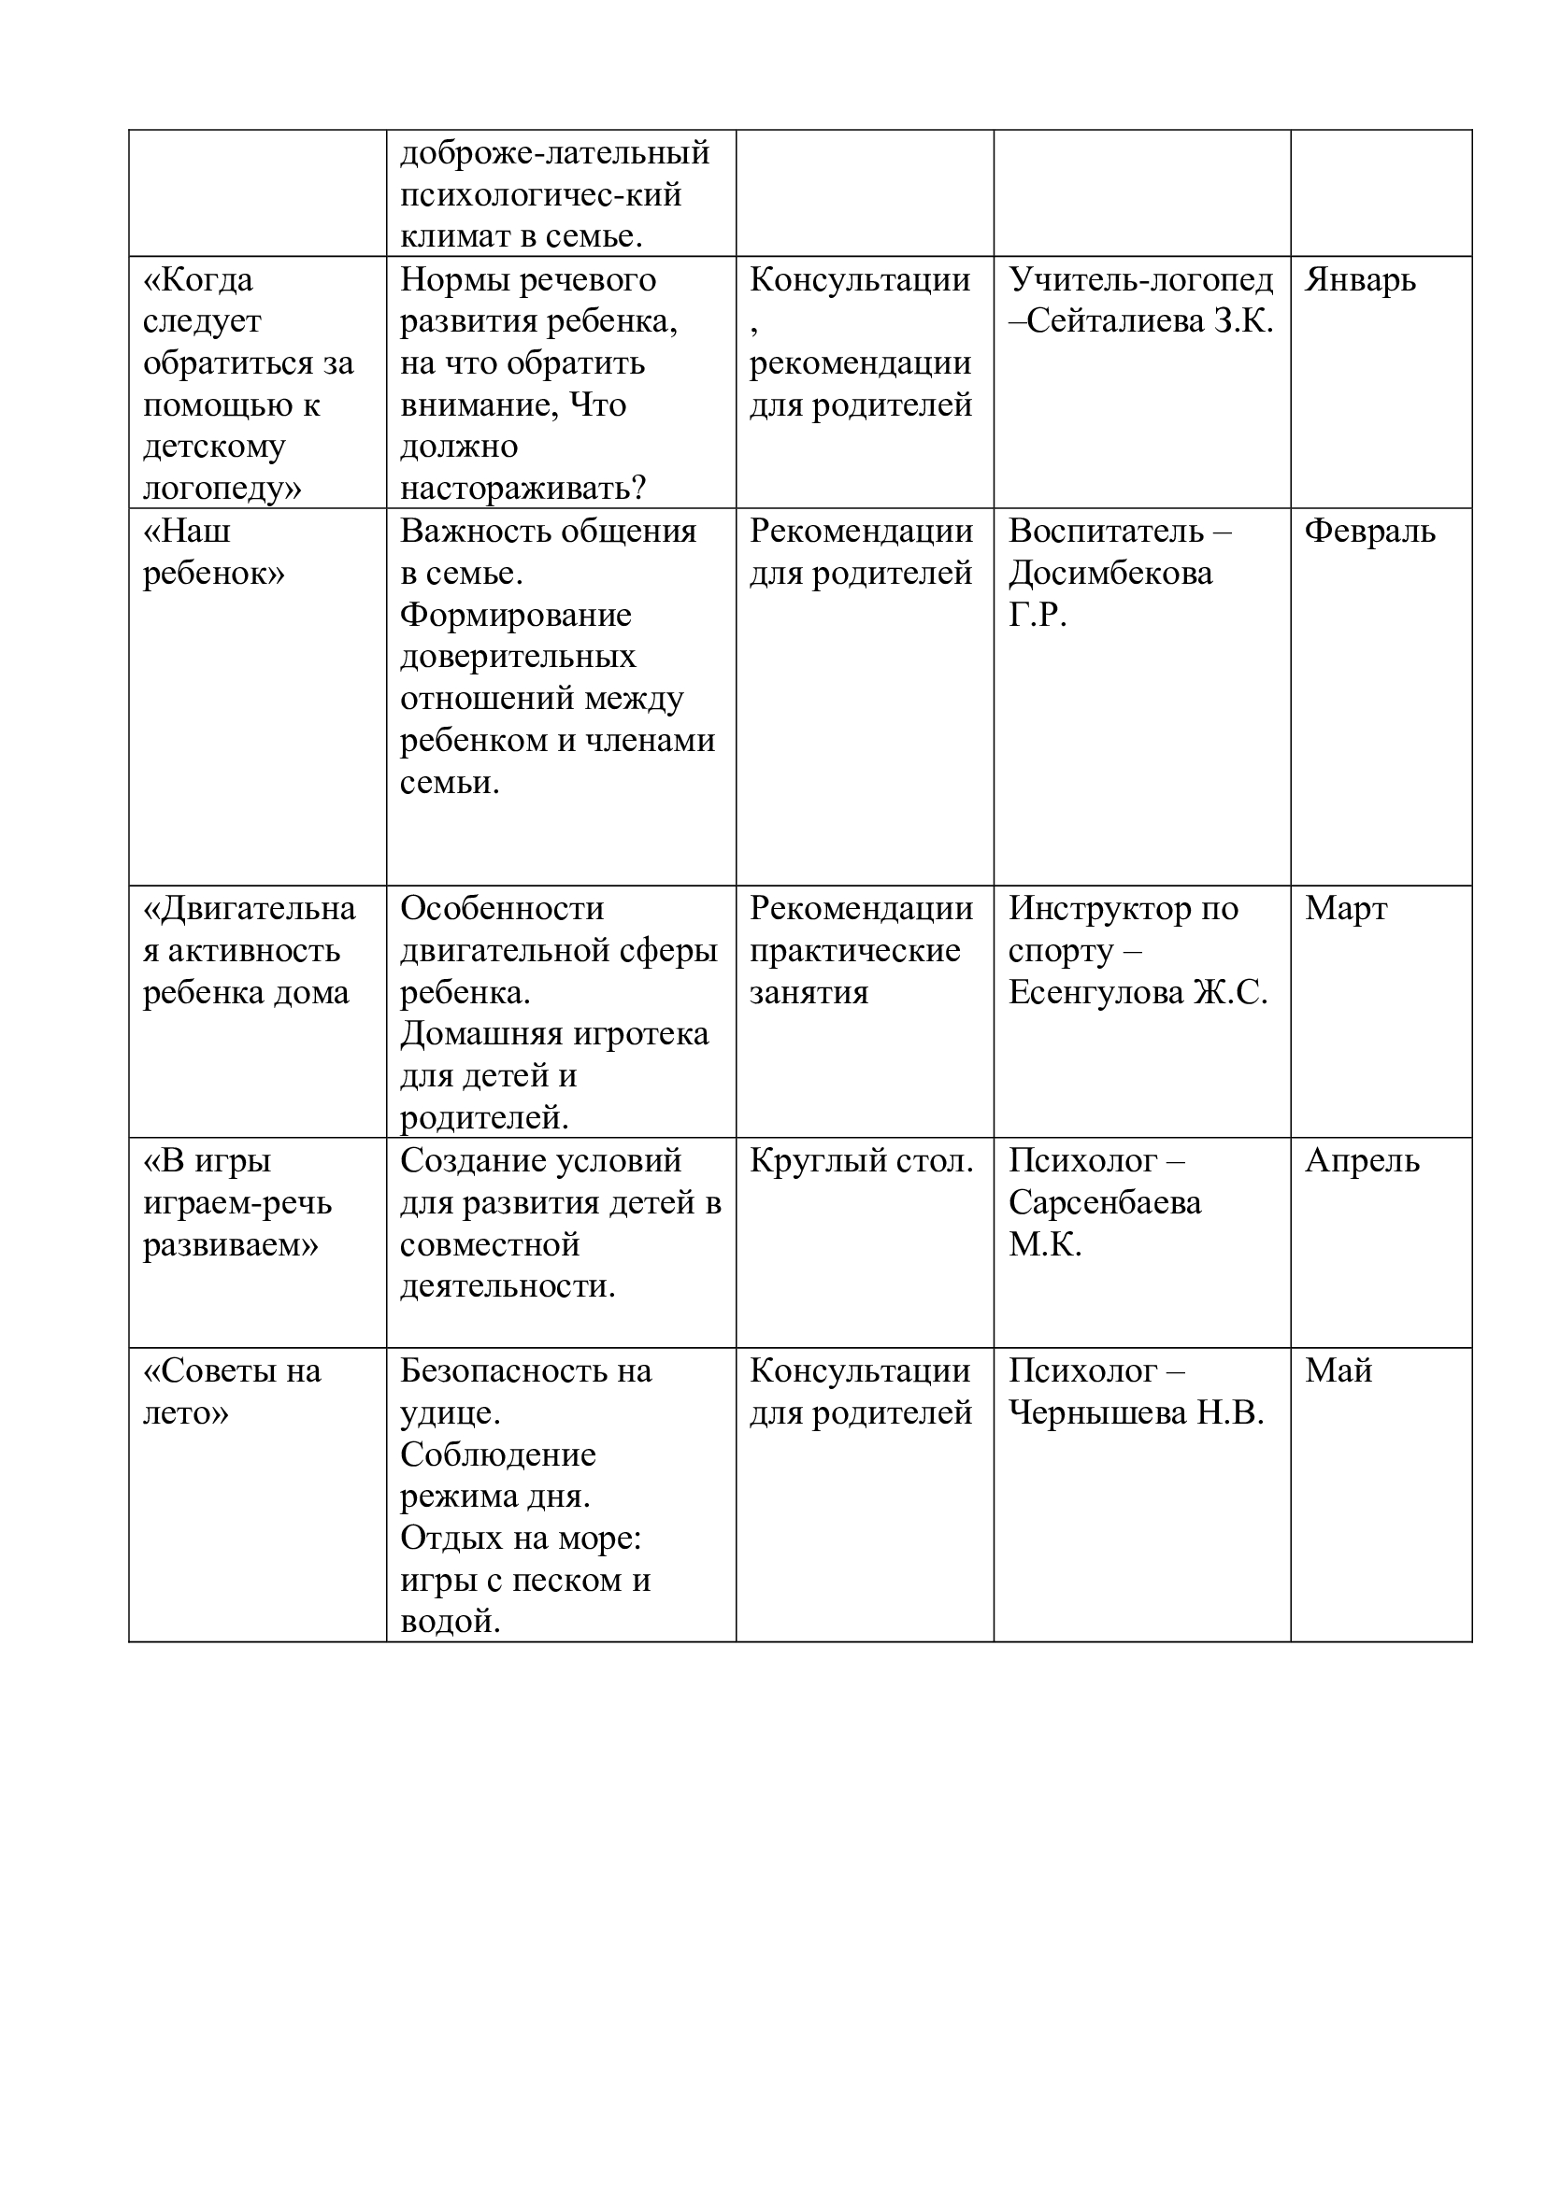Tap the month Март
(x=1345, y=909)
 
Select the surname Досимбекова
(x=1110, y=574)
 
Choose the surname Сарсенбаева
(x=1104, y=1203)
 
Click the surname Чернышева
(x=1097, y=1413)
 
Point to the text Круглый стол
(x=861, y=1161)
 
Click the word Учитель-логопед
(x=1140, y=281)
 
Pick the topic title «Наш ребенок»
(x=213, y=553)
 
